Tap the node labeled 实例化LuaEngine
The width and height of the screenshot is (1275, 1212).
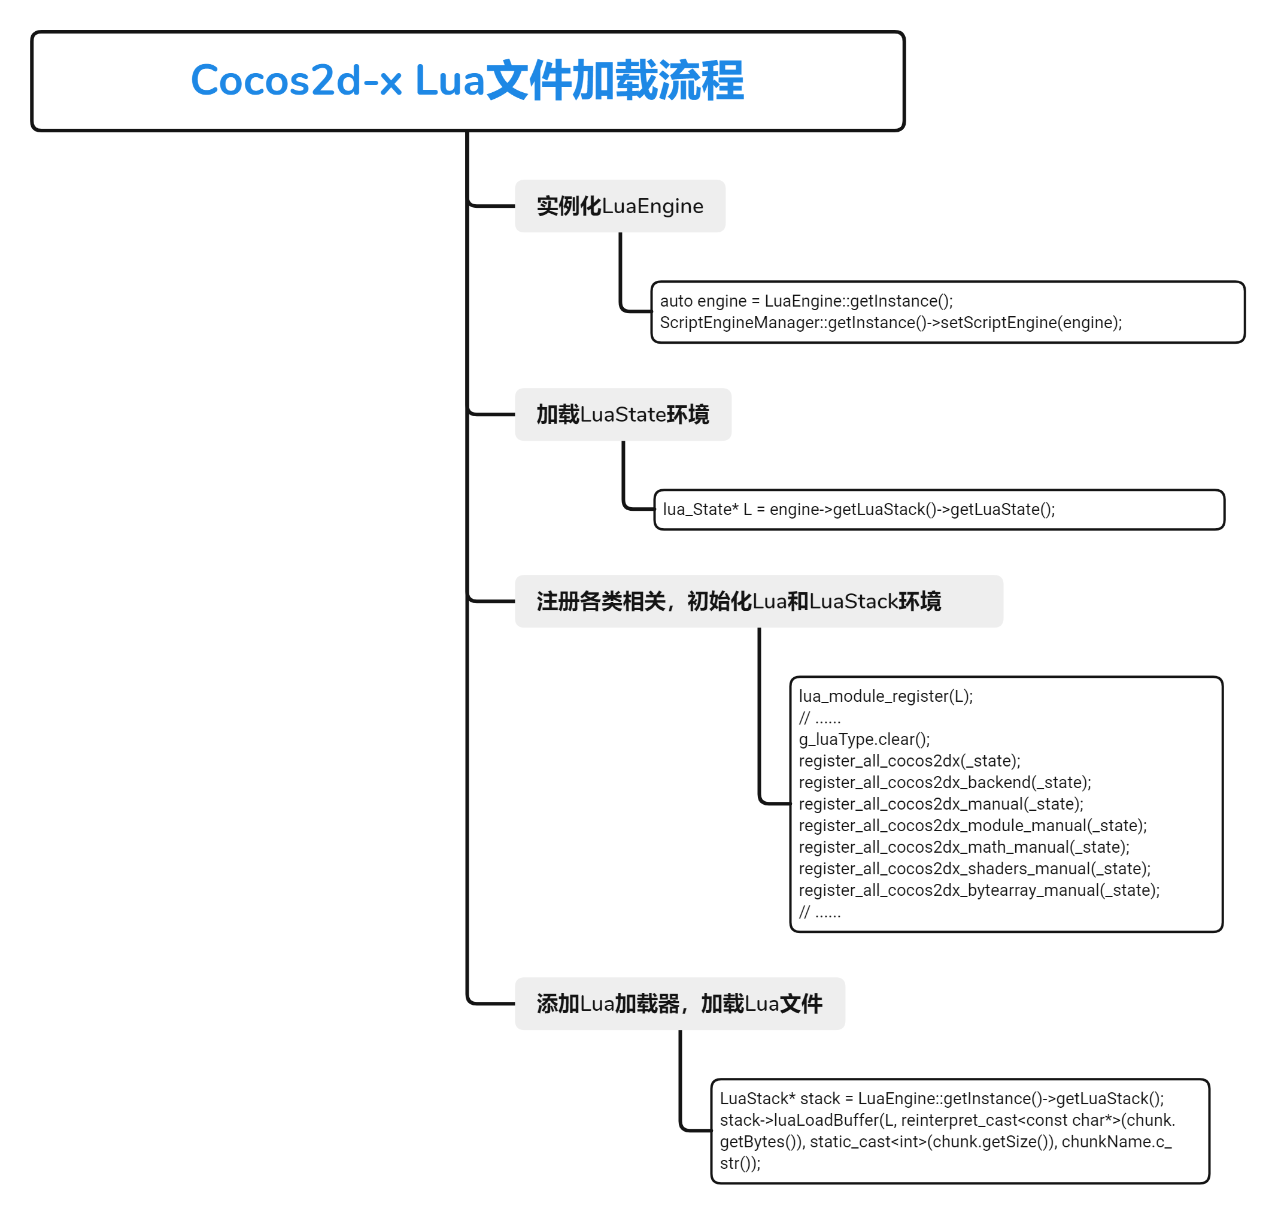click(x=620, y=206)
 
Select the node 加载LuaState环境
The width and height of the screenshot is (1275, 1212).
click(x=622, y=414)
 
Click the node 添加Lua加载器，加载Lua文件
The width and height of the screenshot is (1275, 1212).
click(x=679, y=1004)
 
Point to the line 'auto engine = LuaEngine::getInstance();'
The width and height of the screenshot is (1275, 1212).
click(x=806, y=301)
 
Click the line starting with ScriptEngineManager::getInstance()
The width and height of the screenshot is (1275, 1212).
click(x=890, y=322)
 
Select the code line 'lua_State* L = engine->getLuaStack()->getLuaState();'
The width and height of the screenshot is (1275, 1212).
click(x=858, y=509)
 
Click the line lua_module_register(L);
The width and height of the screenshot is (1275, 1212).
click(x=885, y=696)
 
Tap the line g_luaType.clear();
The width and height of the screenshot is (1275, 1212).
click(x=864, y=739)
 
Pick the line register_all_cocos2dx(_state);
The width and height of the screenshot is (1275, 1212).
click(x=909, y=760)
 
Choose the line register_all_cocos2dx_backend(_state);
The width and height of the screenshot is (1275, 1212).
click(x=945, y=783)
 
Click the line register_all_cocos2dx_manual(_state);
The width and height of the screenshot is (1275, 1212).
click(x=940, y=804)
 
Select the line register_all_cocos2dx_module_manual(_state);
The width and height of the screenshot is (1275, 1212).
click(x=972, y=825)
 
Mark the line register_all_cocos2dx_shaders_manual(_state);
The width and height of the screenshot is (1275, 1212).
click(x=974, y=868)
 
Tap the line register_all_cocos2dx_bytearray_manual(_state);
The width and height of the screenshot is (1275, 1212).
click(x=979, y=890)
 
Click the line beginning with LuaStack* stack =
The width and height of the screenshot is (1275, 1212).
click(x=941, y=1098)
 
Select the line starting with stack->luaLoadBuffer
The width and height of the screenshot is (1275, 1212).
click(x=947, y=1120)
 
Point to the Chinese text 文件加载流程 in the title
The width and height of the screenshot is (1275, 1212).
click(x=614, y=81)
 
